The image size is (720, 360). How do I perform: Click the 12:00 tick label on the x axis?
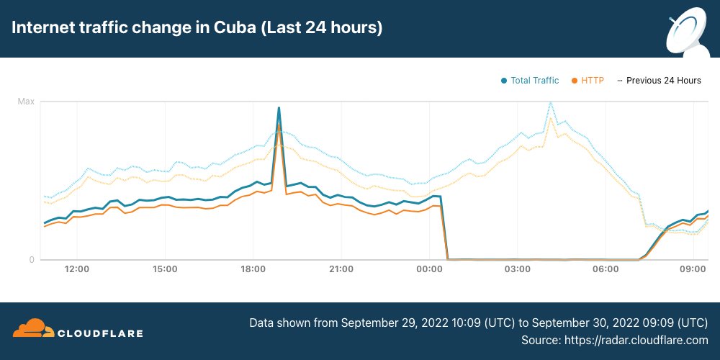coord(77,269)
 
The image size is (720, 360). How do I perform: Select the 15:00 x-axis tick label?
coord(165,269)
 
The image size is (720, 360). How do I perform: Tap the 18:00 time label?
coord(253,269)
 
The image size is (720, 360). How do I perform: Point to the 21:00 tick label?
coord(341,269)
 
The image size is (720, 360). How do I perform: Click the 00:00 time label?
coord(429,269)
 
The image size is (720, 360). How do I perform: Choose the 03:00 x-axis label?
coord(517,269)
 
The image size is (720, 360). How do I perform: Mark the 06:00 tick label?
coord(605,269)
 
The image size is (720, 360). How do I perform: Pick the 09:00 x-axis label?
coord(693,269)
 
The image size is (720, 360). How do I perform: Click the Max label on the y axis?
coord(26,102)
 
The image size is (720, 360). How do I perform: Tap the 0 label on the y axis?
coord(32,260)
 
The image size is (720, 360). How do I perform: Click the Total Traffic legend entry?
coord(534,81)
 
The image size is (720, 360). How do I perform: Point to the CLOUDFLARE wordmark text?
coord(100,333)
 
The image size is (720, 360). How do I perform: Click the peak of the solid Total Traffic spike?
coord(279,108)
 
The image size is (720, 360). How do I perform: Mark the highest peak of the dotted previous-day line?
coord(551,102)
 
